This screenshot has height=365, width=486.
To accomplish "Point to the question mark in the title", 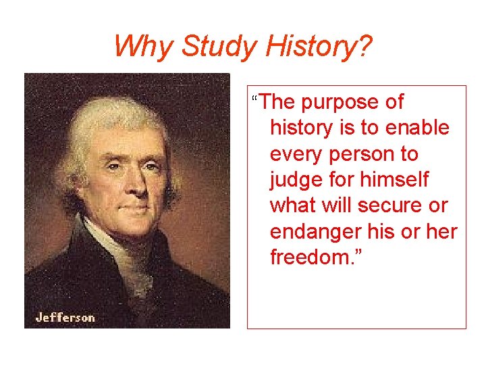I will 364,46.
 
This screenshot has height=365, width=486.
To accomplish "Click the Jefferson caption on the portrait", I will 65,317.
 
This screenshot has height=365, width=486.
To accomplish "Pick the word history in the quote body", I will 300,128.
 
